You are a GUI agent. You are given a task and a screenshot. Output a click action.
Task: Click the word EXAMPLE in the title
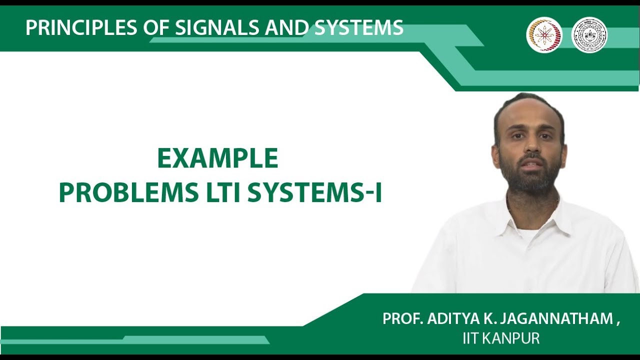click(x=217, y=159)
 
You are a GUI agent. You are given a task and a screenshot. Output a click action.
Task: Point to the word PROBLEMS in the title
click(x=129, y=193)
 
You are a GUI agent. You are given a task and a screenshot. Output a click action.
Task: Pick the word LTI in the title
click(x=223, y=193)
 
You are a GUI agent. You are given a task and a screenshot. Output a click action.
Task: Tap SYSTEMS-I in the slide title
click(x=314, y=193)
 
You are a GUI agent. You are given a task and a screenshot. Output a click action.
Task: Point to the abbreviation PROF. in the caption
click(x=402, y=319)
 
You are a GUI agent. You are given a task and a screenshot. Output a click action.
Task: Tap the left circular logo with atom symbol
click(x=544, y=35)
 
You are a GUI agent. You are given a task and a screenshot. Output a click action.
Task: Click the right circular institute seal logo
click(x=589, y=35)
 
